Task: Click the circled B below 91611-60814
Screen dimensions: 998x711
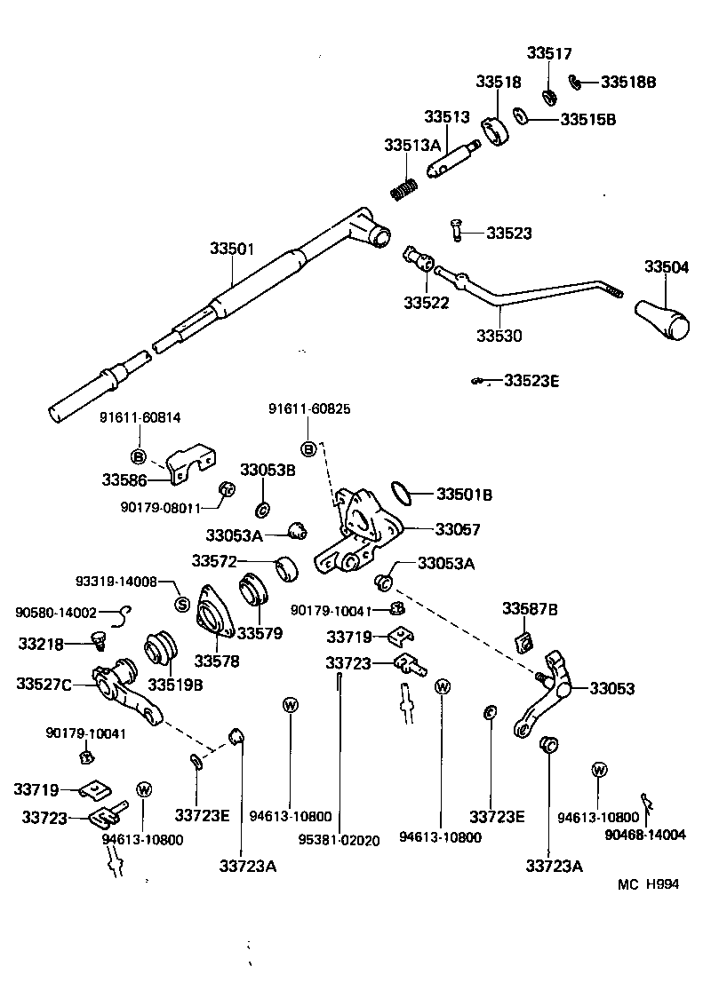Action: click(138, 456)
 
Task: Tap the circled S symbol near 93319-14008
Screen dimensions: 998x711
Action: click(182, 605)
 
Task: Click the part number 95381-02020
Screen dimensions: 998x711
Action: click(339, 839)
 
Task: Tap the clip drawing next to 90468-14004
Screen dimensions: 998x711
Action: click(648, 804)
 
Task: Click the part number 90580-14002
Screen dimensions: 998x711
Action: click(56, 613)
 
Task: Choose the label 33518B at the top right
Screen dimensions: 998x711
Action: click(627, 82)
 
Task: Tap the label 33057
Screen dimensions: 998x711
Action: click(457, 529)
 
